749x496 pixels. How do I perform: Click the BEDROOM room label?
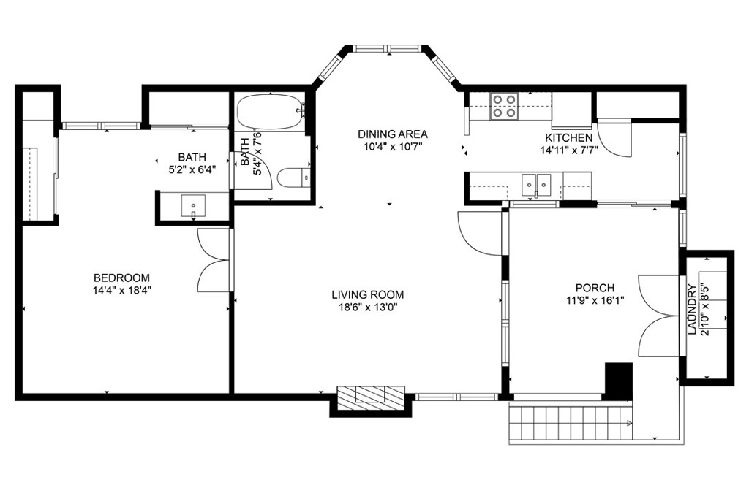[x=121, y=278]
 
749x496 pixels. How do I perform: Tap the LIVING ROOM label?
[x=368, y=294]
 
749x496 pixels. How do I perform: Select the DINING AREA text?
[x=393, y=134]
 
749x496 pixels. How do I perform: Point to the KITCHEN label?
[x=569, y=138]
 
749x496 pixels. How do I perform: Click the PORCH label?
[x=595, y=288]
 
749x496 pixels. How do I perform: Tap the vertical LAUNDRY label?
[x=692, y=309]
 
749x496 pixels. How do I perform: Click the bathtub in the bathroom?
[x=271, y=112]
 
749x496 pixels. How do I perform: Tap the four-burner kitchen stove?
[x=504, y=106]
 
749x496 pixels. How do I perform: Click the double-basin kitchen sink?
[x=536, y=185]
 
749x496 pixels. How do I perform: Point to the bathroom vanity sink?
[x=193, y=207]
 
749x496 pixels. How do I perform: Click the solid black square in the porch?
[x=619, y=380]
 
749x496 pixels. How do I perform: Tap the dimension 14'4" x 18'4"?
[x=122, y=290]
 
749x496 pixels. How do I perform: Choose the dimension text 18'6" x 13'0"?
[x=368, y=307]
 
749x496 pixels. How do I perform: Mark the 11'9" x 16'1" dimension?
[x=595, y=300]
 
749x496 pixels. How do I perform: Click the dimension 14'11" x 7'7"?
[x=569, y=150]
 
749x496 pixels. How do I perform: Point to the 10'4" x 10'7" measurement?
[x=393, y=146]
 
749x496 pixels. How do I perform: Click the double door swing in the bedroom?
[x=214, y=260]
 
